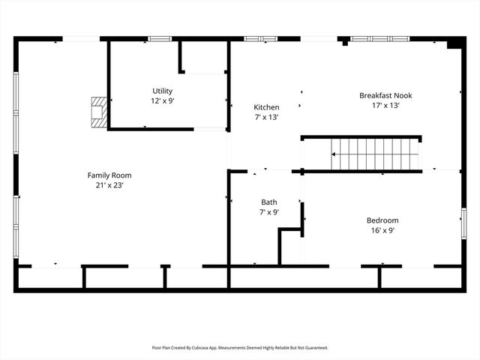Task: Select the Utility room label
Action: pyautogui.click(x=163, y=91)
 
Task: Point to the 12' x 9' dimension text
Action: pyautogui.click(x=163, y=100)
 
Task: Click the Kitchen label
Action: pyautogui.click(x=266, y=107)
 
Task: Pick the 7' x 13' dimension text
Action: pyautogui.click(x=266, y=117)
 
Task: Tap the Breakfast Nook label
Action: pyautogui.click(x=385, y=95)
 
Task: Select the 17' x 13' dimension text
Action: pyautogui.click(x=385, y=106)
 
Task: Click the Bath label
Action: pyautogui.click(x=268, y=202)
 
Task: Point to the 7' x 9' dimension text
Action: pyautogui.click(x=268, y=212)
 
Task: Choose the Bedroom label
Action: pyautogui.click(x=382, y=220)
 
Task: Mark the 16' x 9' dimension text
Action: pyautogui.click(x=382, y=230)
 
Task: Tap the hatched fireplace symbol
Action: pyautogui.click(x=97, y=111)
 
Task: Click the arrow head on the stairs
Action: pyautogui.click(x=335, y=154)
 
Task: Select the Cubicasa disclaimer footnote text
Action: pyautogui.click(x=240, y=348)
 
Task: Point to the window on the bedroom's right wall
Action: pyautogui.click(x=464, y=223)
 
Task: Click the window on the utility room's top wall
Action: pyautogui.click(x=159, y=39)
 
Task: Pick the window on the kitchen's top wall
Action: pyautogui.click(x=255, y=39)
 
